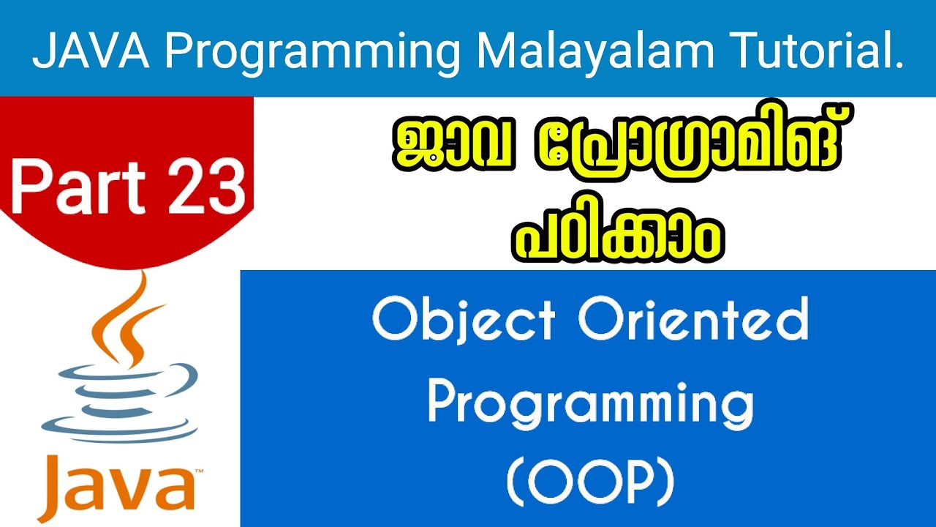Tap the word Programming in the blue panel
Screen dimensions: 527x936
coord(589,404)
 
